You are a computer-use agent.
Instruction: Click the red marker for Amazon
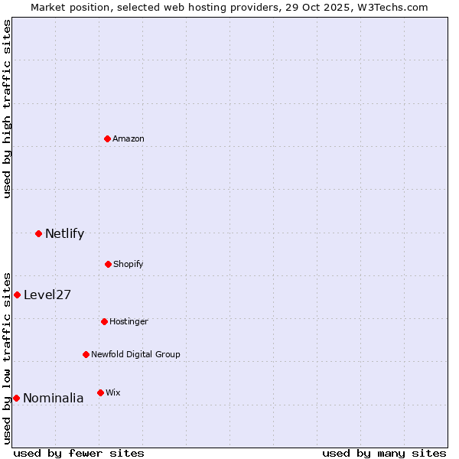[107, 138]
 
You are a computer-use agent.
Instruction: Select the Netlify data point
[38, 233]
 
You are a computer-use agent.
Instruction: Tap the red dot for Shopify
[108, 264]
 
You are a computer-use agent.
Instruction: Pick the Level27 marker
[17, 295]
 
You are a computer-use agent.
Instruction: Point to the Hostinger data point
[104, 321]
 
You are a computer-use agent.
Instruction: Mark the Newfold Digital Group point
[86, 354]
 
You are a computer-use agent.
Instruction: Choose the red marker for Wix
[100, 392]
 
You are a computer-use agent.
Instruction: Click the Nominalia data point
[16, 398]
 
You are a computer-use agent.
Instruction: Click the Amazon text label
[129, 138]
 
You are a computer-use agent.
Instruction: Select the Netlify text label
[64, 233]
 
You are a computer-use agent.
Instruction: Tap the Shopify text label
[129, 264]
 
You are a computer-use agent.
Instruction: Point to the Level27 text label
[47, 295]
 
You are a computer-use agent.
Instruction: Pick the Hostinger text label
[129, 321]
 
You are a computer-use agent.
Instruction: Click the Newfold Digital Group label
[135, 354]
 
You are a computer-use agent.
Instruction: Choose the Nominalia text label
[54, 398]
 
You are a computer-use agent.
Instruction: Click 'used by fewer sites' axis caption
[79, 453]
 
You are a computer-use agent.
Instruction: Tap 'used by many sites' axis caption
[384, 453]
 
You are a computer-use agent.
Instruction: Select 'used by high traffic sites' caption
[7, 109]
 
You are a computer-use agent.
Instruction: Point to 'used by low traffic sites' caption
[7, 357]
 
